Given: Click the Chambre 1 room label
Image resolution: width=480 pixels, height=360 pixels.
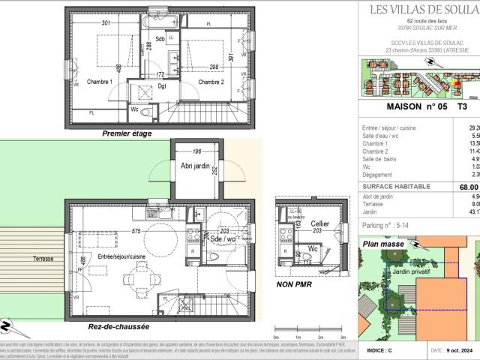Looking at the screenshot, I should (x=100, y=82).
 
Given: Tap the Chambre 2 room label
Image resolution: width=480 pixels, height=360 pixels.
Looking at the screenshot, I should (x=211, y=82).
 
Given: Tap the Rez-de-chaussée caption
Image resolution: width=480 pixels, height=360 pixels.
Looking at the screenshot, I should (x=119, y=328).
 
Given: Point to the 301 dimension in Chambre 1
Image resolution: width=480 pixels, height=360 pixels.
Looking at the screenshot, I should (x=106, y=22).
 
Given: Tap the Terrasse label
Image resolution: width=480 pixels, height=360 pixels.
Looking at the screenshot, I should (x=43, y=259).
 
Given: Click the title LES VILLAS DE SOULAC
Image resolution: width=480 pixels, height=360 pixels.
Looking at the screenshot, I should (x=424, y=9).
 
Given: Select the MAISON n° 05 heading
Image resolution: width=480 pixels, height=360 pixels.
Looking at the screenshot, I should (x=412, y=106).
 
